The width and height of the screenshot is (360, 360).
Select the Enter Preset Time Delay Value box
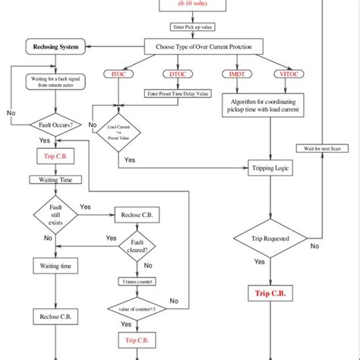point(178,94)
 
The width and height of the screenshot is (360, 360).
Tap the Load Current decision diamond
point(118,132)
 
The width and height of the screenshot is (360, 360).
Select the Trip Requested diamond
point(270,238)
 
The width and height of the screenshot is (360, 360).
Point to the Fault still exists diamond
point(52,216)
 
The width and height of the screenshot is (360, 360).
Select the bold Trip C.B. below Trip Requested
point(270,293)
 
